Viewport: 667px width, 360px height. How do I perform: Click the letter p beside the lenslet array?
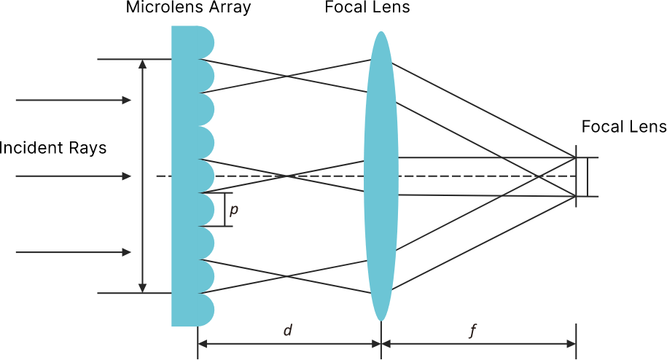tap(233, 211)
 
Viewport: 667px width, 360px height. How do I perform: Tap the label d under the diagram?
tap(287, 331)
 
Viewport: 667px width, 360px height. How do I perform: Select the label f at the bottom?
tap(472, 332)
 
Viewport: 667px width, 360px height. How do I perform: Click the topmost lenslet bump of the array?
tap(204, 42)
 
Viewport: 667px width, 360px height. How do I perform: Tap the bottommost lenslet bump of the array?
tap(204, 310)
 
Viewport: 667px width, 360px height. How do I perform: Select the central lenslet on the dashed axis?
tap(204, 176)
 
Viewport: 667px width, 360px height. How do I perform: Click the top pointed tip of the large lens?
tap(381, 32)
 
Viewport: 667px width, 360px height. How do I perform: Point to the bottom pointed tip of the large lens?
tap(381, 319)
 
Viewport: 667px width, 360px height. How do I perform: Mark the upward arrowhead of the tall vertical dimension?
tap(143, 63)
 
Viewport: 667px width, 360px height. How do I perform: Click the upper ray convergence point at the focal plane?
tap(576, 157)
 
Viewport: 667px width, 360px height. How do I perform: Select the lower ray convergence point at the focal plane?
tap(576, 196)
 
